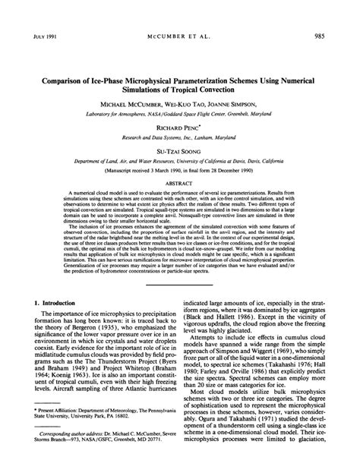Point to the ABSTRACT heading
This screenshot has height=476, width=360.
180,182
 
